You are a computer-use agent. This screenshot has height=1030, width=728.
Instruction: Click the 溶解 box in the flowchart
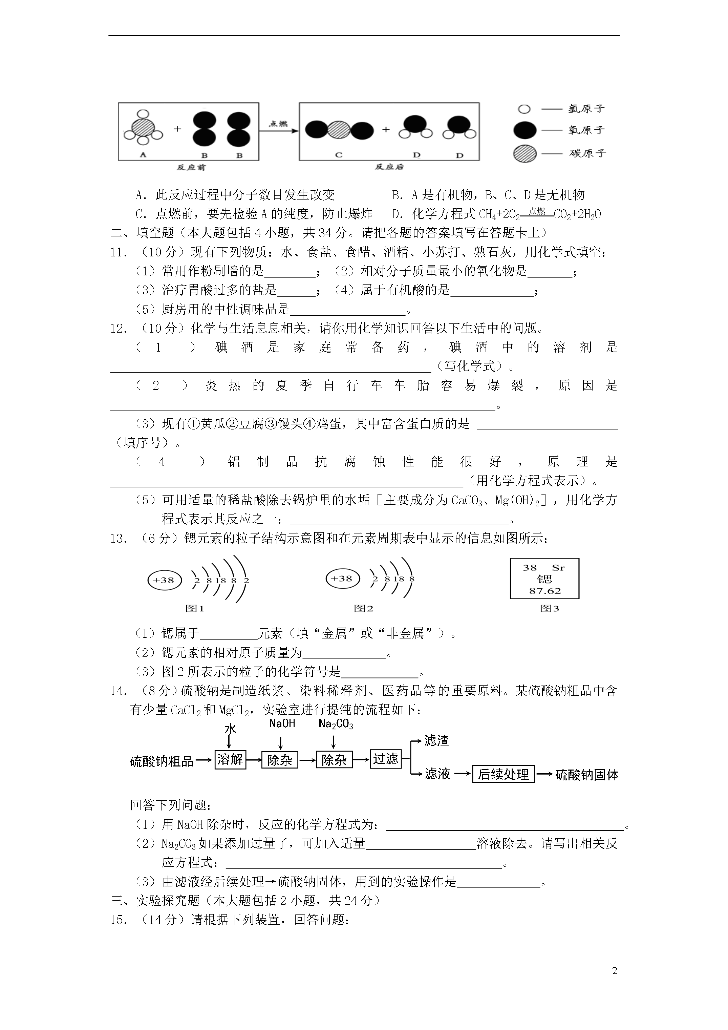click(x=230, y=759)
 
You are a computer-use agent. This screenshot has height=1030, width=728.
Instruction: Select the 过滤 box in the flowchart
click(x=385, y=759)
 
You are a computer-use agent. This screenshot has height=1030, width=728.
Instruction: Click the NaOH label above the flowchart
click(x=282, y=723)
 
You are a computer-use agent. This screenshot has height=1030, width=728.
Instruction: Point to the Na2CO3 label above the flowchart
click(x=336, y=724)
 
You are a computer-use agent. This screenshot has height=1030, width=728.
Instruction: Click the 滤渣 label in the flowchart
click(x=436, y=741)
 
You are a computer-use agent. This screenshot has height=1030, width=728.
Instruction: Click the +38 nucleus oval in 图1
click(x=164, y=580)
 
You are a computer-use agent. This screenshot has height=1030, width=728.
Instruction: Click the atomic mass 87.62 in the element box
click(x=544, y=591)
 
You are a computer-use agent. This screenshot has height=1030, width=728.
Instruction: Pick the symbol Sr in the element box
click(x=558, y=567)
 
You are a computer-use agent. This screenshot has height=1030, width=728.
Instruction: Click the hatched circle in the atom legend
click(x=524, y=153)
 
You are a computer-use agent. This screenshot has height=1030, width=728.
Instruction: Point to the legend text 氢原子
click(x=586, y=109)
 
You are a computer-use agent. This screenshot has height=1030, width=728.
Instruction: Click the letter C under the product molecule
click(x=339, y=155)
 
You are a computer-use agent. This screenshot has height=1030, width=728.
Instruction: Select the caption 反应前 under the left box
click(x=191, y=167)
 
